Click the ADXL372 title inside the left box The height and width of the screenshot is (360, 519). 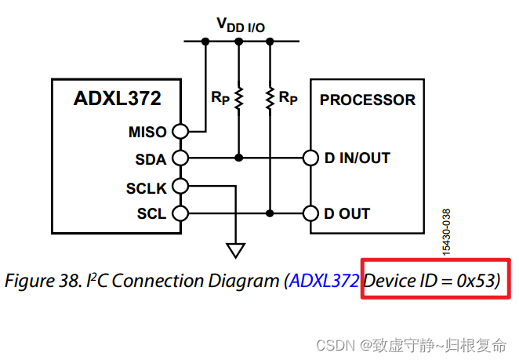tap(117, 99)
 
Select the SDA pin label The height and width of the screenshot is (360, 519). tap(151, 159)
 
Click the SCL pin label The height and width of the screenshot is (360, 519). tap(151, 213)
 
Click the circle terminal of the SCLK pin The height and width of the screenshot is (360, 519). tap(180, 186)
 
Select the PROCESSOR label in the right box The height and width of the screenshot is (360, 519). tap(367, 100)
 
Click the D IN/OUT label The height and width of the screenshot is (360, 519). tap(357, 158)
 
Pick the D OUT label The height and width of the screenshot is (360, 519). tap(347, 213)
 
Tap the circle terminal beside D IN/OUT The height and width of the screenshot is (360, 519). tap(310, 158)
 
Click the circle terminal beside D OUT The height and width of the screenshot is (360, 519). tap(310, 213)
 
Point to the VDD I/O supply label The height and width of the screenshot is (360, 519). tap(241, 25)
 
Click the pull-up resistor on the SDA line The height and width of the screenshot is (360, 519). tap(238, 98)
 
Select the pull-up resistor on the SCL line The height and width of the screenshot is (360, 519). tap(270, 98)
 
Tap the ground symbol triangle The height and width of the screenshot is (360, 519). tap(234, 250)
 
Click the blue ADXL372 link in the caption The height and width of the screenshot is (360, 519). tap(326, 281)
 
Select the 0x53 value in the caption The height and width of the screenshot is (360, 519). tap(476, 281)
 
